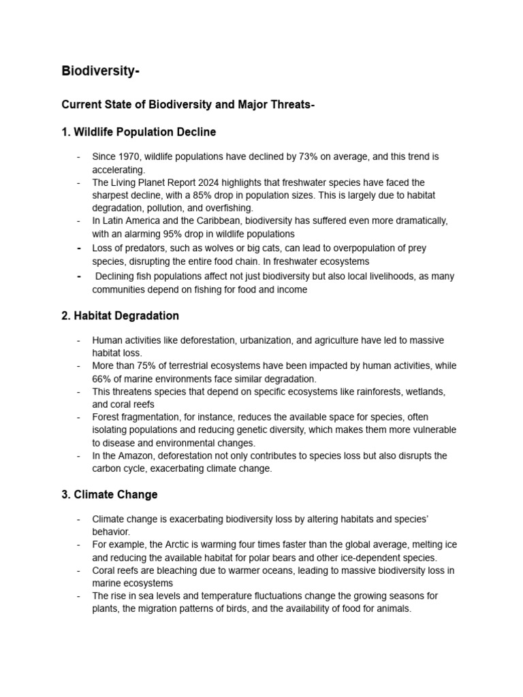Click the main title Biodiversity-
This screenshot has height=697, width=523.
coord(101,71)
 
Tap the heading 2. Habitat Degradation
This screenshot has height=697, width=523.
coord(121,316)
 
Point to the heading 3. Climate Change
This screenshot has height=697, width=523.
coord(110,494)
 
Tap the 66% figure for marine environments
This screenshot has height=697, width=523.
coord(103,378)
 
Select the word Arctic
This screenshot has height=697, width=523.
coord(181,545)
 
